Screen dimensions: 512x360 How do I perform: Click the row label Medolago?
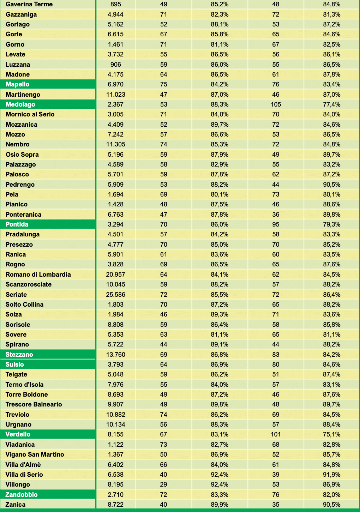20,104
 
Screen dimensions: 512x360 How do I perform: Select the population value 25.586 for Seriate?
116,295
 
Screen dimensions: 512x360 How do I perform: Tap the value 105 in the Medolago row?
276,104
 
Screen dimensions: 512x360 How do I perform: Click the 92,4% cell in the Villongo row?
220,484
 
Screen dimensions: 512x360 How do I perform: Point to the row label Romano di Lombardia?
38,275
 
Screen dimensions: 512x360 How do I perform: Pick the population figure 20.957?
116,275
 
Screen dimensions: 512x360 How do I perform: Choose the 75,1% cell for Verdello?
331,434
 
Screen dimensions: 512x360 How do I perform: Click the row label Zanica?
16,505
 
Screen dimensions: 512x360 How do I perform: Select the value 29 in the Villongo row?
163,484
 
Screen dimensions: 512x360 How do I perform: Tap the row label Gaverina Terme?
29,4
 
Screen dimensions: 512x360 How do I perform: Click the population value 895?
116,4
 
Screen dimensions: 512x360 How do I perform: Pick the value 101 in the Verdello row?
276,434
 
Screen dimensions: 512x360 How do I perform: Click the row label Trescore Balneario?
34,404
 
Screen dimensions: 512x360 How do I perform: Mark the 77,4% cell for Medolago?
331,104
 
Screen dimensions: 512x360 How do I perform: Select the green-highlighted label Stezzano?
19,355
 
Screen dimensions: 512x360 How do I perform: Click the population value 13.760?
116,355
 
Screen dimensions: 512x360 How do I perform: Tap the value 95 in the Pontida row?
276,224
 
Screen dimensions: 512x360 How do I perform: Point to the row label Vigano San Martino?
35,454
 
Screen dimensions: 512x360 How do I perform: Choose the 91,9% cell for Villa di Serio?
331,475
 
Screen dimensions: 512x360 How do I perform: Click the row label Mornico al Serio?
30,114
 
